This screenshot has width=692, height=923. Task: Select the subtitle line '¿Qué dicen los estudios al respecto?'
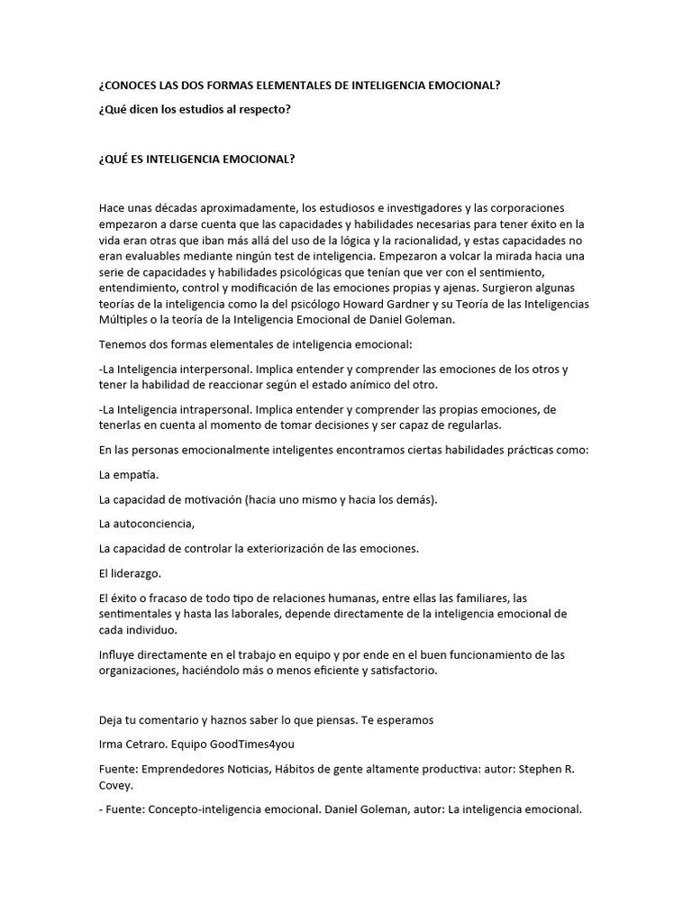pyautogui.click(x=196, y=109)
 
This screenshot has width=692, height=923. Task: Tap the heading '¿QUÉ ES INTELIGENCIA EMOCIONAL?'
pyautogui.click(x=197, y=159)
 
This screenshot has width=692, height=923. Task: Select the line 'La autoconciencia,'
pyautogui.click(x=147, y=523)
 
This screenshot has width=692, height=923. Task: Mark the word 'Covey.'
pyautogui.click(x=115, y=784)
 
